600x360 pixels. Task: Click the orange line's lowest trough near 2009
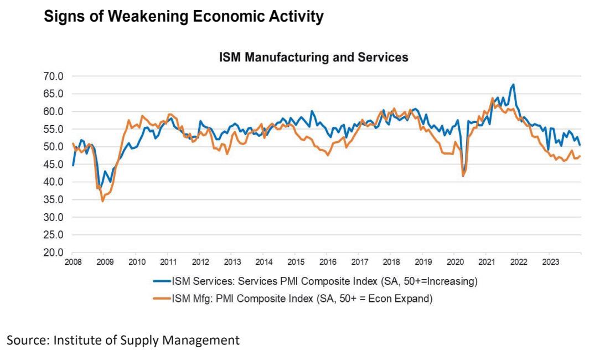[102, 201]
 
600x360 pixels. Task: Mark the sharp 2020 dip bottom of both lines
[463, 176]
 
